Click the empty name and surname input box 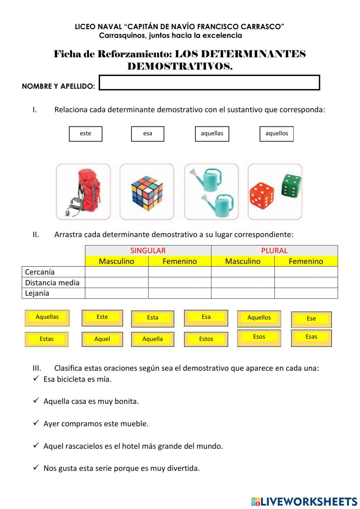(x=209, y=82)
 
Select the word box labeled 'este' (x=86, y=134)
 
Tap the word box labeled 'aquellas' (x=212, y=134)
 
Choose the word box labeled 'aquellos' (x=276, y=134)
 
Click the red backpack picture (x=83, y=192)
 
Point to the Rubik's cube (x=147, y=193)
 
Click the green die (x=291, y=186)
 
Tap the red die (x=262, y=196)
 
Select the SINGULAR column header (x=148, y=250)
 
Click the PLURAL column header (x=274, y=250)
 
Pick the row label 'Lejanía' (x=37, y=293)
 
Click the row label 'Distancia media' (x=52, y=282)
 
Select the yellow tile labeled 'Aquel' (x=102, y=339)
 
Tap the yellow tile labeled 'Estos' (x=206, y=339)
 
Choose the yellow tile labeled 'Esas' (x=311, y=337)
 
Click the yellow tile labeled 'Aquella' (x=153, y=339)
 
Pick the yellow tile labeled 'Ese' (x=311, y=319)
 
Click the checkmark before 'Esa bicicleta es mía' (x=36, y=378)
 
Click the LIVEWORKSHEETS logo (x=304, y=501)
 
